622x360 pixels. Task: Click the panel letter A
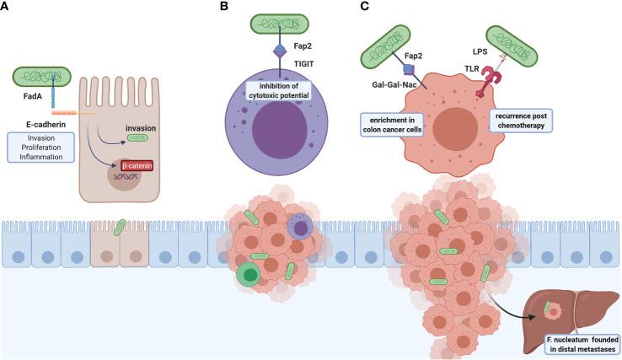click(x=8, y=8)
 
